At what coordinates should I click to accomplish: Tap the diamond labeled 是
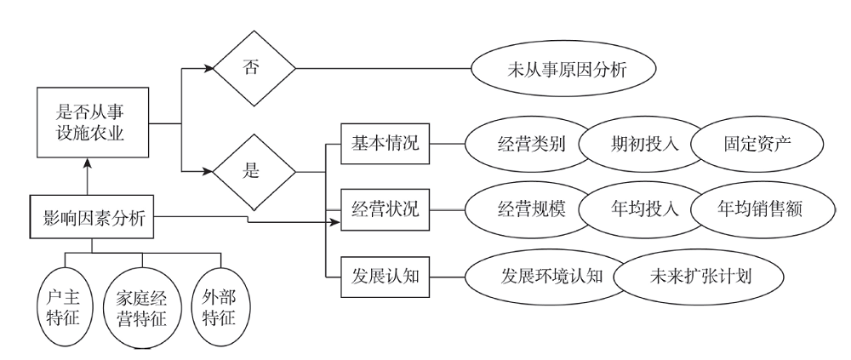pos(254,169)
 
